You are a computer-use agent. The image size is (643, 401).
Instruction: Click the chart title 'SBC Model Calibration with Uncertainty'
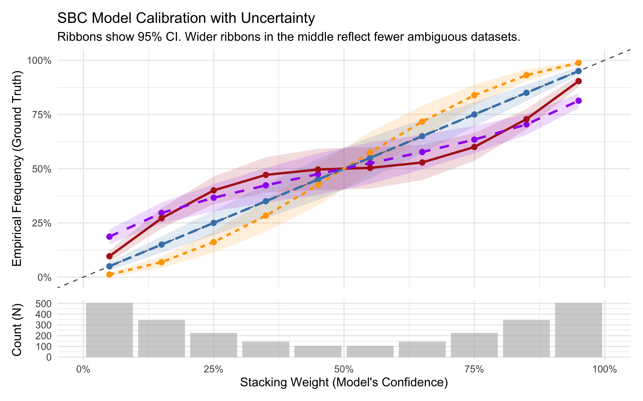tap(186, 19)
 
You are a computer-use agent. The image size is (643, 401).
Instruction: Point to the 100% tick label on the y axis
tap(39, 61)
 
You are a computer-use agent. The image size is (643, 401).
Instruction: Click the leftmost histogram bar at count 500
tap(109, 330)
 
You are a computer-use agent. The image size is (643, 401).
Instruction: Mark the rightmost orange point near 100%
tap(578, 63)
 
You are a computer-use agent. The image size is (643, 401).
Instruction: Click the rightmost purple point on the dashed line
tap(578, 101)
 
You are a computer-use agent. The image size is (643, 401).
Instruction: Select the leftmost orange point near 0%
tap(109, 275)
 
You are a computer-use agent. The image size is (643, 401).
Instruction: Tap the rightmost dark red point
tap(578, 81)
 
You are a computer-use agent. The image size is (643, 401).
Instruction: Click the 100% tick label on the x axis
tap(604, 369)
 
